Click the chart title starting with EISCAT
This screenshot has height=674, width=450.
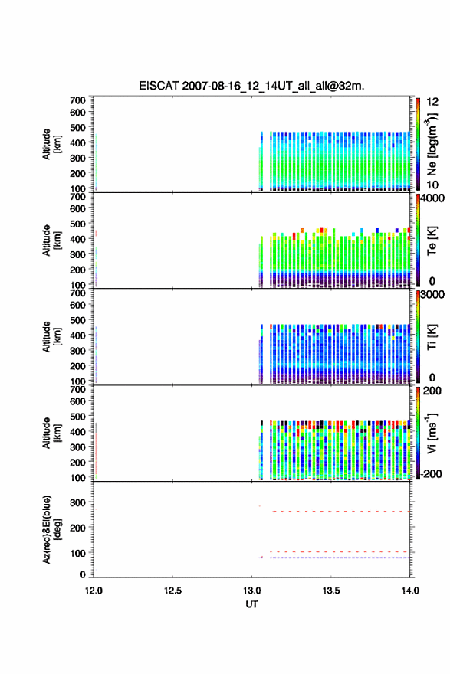pyautogui.click(x=251, y=86)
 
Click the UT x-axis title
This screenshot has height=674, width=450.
pyautogui.click(x=251, y=604)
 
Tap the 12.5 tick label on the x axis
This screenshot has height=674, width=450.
pyautogui.click(x=172, y=591)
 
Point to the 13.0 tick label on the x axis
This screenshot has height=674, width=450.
pyautogui.click(x=251, y=591)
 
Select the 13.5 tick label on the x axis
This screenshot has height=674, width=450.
pyautogui.click(x=331, y=591)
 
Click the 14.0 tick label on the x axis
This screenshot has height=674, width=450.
pyautogui.click(x=410, y=591)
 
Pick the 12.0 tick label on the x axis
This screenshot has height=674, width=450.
pyautogui.click(x=94, y=591)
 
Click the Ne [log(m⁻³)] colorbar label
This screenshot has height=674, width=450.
pyautogui.click(x=432, y=145)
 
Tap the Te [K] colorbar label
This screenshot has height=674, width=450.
pyautogui.click(x=432, y=240)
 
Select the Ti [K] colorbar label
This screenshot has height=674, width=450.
pyautogui.click(x=432, y=336)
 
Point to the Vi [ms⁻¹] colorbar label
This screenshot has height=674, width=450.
pyautogui.click(x=432, y=433)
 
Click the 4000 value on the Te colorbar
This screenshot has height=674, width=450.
pyautogui.click(x=432, y=198)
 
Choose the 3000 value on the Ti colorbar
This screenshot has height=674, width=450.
pyautogui.click(x=432, y=295)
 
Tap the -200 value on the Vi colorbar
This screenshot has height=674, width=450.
pyautogui.click(x=431, y=473)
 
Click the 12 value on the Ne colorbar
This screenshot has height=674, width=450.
pyautogui.click(x=432, y=102)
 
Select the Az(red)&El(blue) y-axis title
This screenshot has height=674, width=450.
pyautogui.click(x=51, y=529)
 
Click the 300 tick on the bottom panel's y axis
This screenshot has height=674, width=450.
pyautogui.click(x=78, y=502)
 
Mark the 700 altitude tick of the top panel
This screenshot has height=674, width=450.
pyautogui.click(x=78, y=100)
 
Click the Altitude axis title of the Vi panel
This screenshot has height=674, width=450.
pyautogui.click(x=51, y=433)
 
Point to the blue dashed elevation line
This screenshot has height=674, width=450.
pyautogui.click(x=340, y=558)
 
